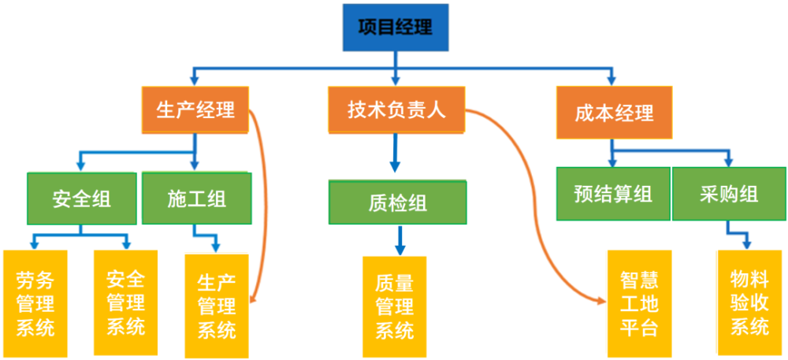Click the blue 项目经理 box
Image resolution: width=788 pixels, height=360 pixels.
[x=396, y=27]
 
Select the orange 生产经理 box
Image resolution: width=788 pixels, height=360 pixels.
[x=195, y=110]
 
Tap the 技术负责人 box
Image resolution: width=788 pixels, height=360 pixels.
[x=396, y=110]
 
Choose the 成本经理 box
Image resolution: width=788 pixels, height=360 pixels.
[x=614, y=113]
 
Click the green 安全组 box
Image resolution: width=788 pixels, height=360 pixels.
[x=81, y=199]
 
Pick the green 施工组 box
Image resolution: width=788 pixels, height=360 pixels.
[x=196, y=199]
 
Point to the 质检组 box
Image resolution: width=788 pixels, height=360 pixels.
[x=397, y=202]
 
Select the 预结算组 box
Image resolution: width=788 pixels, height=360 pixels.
[x=613, y=194]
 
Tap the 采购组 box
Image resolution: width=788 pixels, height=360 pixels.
[x=729, y=194]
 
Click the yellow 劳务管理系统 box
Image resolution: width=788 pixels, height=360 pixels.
[x=35, y=302]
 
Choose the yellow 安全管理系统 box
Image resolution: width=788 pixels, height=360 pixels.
[x=125, y=302]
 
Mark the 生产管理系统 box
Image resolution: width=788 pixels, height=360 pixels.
[x=217, y=306]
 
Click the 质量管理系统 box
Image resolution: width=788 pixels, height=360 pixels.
[x=395, y=306]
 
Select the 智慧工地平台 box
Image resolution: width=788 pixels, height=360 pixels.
[x=639, y=303]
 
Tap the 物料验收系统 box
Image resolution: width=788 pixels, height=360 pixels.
[x=750, y=303]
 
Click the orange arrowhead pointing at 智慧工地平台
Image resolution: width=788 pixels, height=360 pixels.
[x=603, y=301]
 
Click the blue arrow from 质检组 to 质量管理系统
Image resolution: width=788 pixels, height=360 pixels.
[x=400, y=241]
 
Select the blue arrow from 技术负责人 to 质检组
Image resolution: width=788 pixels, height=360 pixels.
[x=396, y=153]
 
